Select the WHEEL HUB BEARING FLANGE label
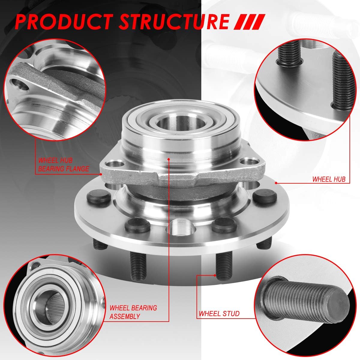click(x=63, y=165)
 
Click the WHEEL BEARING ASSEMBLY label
click(x=133, y=312)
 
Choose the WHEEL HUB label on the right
click(x=329, y=179)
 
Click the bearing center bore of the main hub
click(x=167, y=123)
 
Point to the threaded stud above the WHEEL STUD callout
click(x=223, y=264)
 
